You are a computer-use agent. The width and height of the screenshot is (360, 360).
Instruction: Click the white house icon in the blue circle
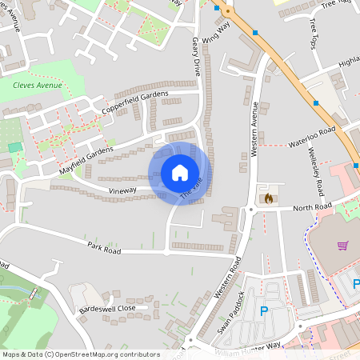pyautogui.click(x=180, y=173)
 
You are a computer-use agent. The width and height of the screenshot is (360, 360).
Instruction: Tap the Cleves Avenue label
pyautogui.click(x=37, y=85)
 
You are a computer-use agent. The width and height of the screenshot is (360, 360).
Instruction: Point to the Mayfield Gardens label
pyautogui.click(x=86, y=161)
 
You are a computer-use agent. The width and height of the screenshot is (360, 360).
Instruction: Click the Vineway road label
pyautogui.click(x=122, y=190)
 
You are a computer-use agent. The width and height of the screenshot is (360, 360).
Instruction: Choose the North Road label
pyautogui.click(x=311, y=208)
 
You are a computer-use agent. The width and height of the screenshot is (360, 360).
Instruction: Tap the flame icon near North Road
pyautogui.click(x=267, y=197)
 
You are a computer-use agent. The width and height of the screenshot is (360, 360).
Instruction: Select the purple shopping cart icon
pyautogui.click(x=342, y=245)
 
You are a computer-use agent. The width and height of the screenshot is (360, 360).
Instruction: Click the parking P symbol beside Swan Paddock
pyautogui.click(x=263, y=311)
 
